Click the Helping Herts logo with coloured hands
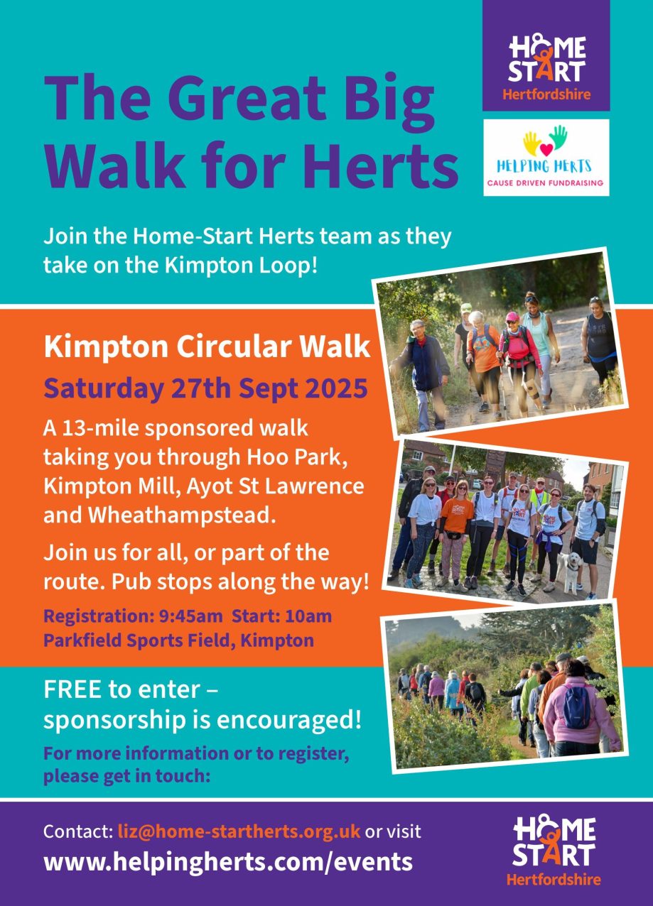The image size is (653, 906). (546, 158)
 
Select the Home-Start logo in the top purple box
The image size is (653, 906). (546, 67)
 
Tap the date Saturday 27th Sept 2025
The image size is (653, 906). (205, 388)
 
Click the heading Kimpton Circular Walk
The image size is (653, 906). (207, 347)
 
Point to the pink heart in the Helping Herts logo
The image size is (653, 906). (546, 150)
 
